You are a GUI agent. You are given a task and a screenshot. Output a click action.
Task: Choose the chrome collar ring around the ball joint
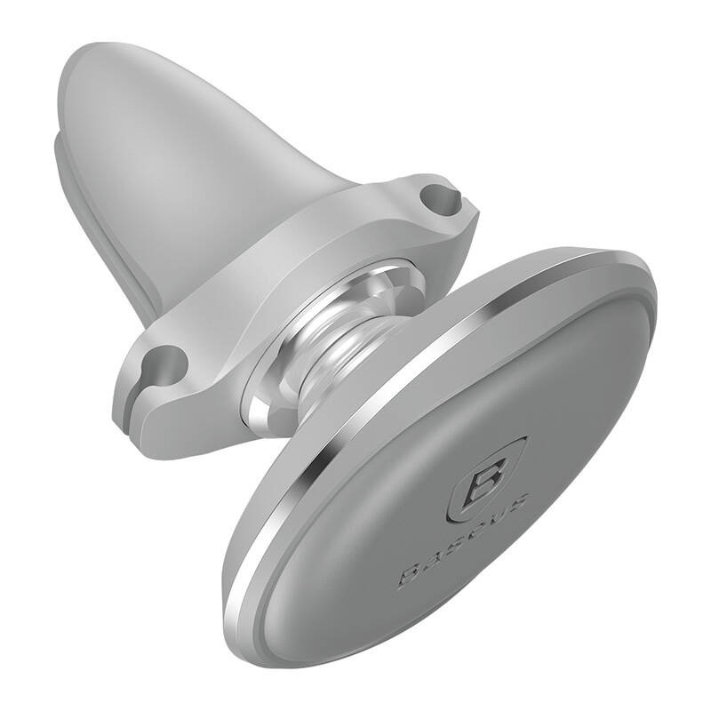267,391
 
